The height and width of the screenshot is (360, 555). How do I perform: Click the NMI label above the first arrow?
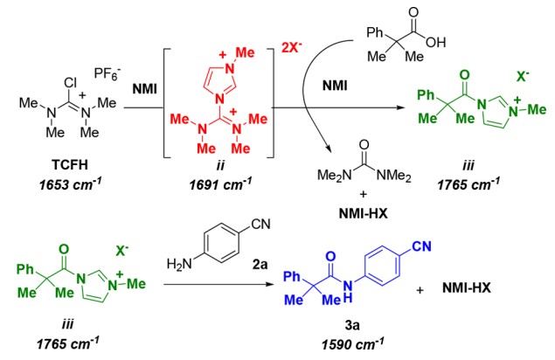coord(145,88)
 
